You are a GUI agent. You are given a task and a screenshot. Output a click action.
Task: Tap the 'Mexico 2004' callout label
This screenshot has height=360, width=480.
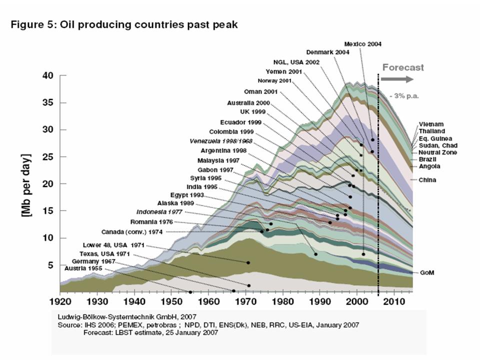[x=363, y=44]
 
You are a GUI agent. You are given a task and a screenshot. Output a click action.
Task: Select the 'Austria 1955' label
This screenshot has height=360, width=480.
[x=83, y=269]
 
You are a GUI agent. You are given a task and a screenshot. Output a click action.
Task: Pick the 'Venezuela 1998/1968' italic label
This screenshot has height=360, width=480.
[x=221, y=141]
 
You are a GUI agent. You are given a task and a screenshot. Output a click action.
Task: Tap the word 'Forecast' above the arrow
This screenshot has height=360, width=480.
[x=403, y=67]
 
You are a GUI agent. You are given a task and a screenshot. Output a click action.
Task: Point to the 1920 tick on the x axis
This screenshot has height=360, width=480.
[x=60, y=302]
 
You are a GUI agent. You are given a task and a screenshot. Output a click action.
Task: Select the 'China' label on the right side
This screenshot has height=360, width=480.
[x=427, y=179]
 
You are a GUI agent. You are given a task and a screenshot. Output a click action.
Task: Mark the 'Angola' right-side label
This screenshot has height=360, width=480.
[x=429, y=166]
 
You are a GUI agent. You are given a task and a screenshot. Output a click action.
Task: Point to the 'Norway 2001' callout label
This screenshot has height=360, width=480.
[x=274, y=81]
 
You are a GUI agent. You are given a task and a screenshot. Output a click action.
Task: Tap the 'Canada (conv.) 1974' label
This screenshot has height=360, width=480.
[x=132, y=232]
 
